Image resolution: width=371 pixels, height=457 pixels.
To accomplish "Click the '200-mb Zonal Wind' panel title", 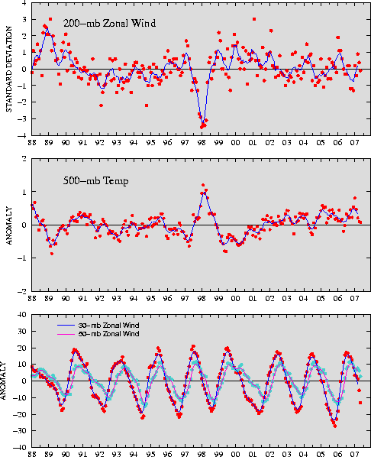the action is click(x=109, y=23).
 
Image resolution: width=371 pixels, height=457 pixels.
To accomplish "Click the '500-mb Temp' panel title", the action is click(x=96, y=181).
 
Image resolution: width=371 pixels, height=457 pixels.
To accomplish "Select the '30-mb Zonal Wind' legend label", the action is click(x=108, y=326).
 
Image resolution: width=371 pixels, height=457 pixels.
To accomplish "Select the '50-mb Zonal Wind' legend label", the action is click(x=108, y=334).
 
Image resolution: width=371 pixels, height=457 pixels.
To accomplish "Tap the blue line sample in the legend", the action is click(x=66, y=326).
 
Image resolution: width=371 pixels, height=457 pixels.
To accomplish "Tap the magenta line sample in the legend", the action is click(x=66, y=334).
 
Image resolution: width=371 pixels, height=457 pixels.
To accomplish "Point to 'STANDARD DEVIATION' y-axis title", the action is click(x=9, y=69).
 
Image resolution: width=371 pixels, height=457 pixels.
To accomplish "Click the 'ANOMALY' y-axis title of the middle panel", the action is click(x=9, y=226).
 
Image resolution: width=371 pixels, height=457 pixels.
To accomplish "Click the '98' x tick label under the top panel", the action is click(x=202, y=143).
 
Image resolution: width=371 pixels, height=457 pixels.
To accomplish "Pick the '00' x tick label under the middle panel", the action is click(x=235, y=299).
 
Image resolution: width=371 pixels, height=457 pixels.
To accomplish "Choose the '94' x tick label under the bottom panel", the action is click(x=134, y=454).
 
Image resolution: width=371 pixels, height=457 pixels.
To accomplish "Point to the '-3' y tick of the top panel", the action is click(x=23, y=118).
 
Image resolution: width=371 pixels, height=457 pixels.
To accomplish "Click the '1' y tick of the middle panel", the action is click(x=24, y=192).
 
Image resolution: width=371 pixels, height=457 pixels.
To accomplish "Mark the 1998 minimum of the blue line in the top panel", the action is click(x=203, y=123).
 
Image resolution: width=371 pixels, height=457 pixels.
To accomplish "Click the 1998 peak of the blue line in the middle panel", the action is click(x=204, y=193).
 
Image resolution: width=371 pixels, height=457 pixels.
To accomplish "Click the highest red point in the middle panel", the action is click(x=203, y=185).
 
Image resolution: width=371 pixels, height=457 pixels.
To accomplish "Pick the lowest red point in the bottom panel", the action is click(x=335, y=426).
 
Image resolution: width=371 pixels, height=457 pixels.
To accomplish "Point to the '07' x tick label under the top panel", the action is click(x=354, y=143).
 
